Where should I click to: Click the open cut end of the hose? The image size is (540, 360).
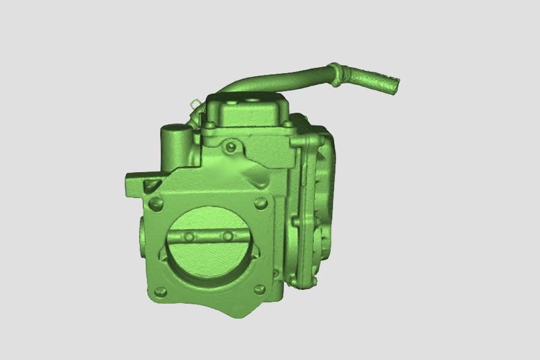pos(394,85)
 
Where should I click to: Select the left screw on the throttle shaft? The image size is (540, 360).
pos(189,236)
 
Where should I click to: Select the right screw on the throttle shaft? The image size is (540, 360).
pos(227,236)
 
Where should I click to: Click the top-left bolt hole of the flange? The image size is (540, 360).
pos(155,203)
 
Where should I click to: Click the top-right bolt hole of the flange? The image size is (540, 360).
pos(260,203)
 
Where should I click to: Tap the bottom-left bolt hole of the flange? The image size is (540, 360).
pos(160,292)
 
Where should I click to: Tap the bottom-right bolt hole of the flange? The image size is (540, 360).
pos(261,289)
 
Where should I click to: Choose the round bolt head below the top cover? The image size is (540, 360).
pos(230,147)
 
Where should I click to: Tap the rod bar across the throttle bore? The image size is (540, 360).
pos(207,236)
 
